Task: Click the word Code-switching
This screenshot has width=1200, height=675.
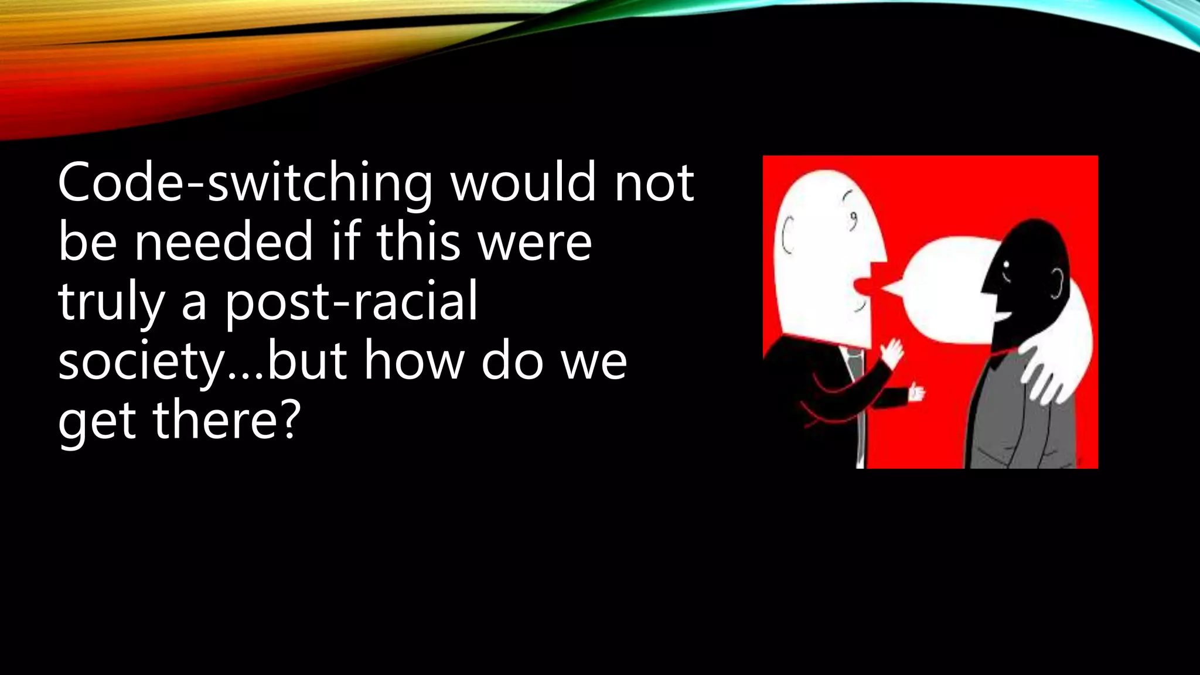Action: pos(245,183)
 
